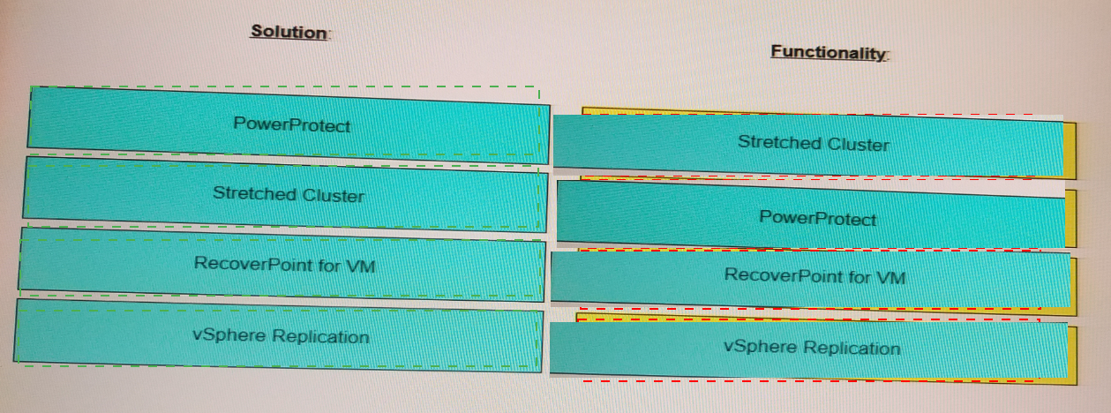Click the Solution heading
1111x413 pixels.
coord(289,32)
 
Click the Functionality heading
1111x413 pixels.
coord(829,52)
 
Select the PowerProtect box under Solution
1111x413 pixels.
coord(289,125)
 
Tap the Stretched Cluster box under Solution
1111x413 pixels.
coord(286,194)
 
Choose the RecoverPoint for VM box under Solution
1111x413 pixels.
coord(282,264)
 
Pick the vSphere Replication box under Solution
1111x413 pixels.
coord(279,335)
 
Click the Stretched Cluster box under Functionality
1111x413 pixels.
coord(808,146)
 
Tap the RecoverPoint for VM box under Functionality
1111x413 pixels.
coord(810,279)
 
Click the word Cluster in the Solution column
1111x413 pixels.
coord(334,196)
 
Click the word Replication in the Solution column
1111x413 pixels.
coord(320,336)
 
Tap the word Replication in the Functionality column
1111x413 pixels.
coord(852,348)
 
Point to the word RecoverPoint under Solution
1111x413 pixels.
coord(253,264)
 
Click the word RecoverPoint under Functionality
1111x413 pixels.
coord(784,275)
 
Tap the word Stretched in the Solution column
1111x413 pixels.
coord(255,193)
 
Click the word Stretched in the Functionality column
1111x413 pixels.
coord(780,142)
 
